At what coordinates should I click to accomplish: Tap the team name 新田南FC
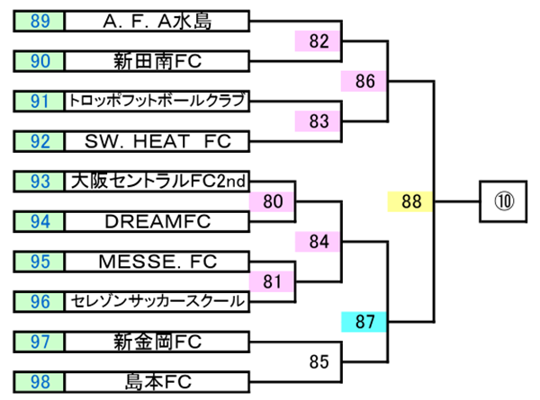coord(157,61)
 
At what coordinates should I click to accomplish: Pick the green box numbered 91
coord(40,101)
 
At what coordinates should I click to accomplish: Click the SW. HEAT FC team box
coord(157,140)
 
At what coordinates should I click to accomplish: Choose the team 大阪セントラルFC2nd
coord(157,182)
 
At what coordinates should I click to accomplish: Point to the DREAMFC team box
coord(157,221)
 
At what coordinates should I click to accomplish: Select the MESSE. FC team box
coord(157,262)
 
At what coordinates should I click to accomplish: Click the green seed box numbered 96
coord(40,301)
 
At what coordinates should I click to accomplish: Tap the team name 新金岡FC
coord(157,342)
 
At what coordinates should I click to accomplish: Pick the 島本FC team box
coord(157,381)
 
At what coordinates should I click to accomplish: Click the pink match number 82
coord(319,40)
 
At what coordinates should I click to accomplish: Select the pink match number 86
coord(364,81)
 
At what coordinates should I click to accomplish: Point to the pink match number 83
coord(319,120)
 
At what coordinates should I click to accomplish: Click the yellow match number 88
coord(411,201)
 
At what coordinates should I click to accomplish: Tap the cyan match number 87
coord(364,322)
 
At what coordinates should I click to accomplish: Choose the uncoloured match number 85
coord(319,362)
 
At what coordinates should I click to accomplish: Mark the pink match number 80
coord(273,201)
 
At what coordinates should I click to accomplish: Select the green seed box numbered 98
coord(40,381)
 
